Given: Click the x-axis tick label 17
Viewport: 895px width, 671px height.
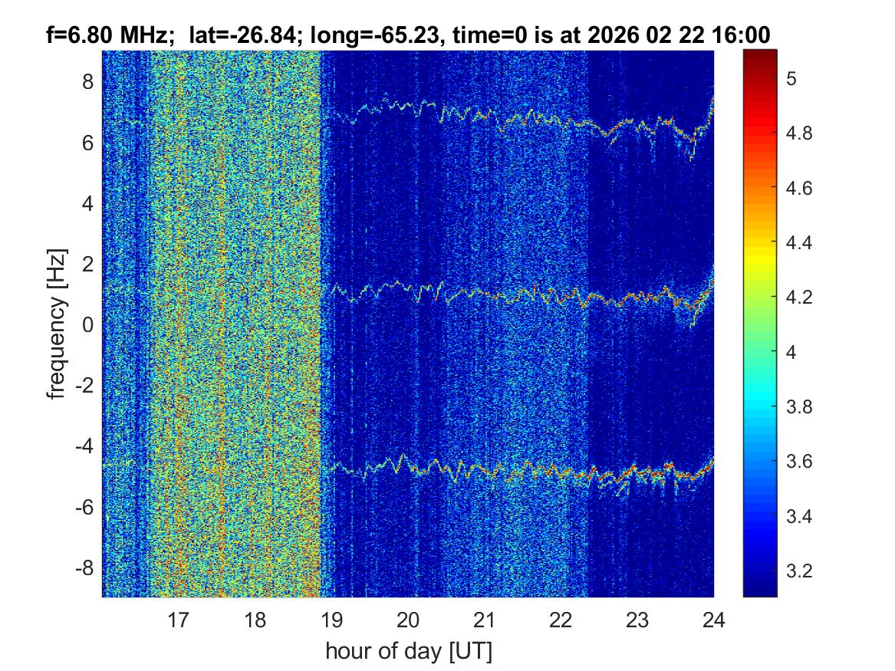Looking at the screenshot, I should [179, 619].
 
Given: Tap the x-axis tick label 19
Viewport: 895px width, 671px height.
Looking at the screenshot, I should [331, 619].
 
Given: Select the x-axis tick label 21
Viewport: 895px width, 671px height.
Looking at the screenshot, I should [485, 619].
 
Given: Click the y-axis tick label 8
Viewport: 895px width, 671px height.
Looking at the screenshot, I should [86, 81].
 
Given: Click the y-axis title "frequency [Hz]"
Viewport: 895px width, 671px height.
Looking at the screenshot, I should [55, 324].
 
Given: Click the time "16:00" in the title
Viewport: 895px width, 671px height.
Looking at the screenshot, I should [745, 35].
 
